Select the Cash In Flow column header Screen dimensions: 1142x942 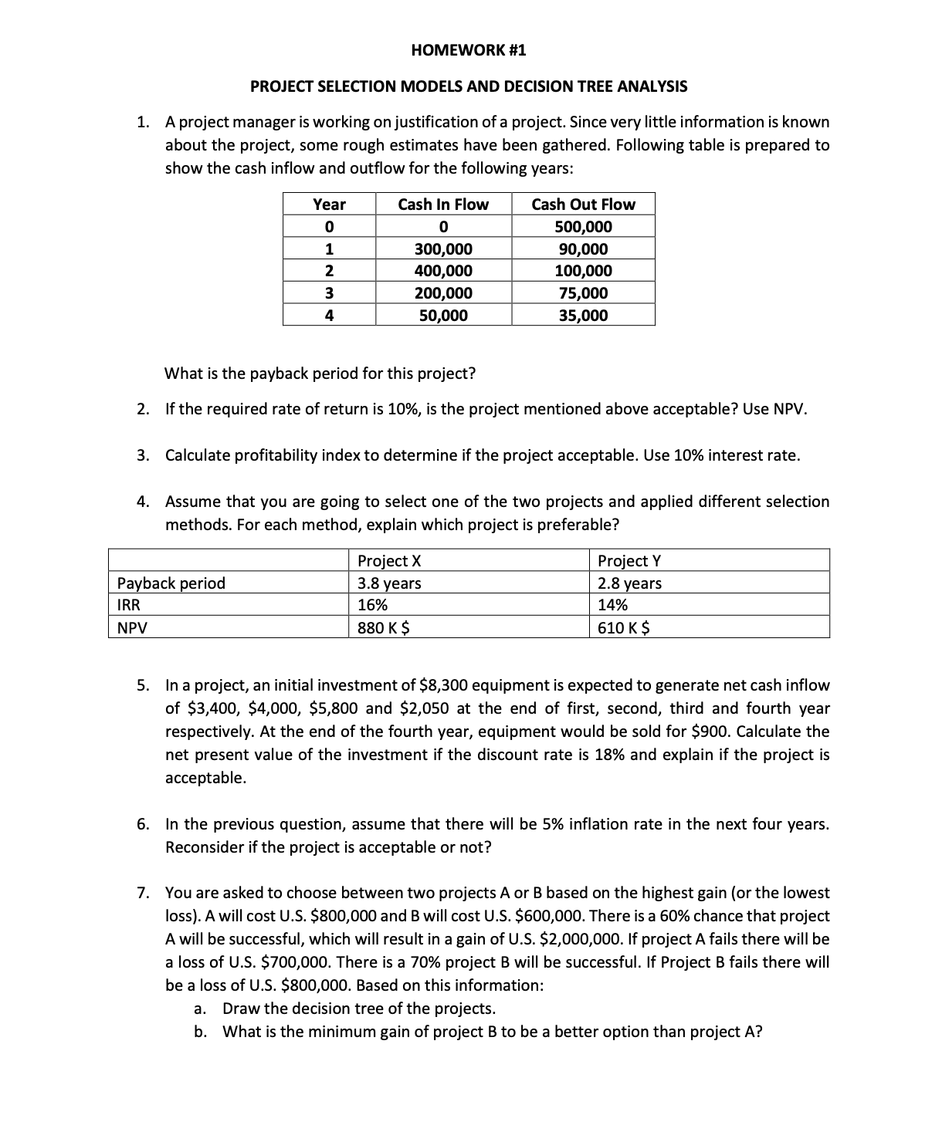pyautogui.click(x=443, y=204)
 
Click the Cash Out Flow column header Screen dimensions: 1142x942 pyautogui.click(x=583, y=204)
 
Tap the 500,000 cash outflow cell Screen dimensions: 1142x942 pyautogui.click(x=583, y=227)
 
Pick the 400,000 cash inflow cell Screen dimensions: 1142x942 pyautogui.click(x=443, y=271)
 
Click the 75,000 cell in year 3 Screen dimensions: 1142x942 pyautogui.click(x=583, y=293)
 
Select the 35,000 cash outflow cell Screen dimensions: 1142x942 pyautogui.click(x=583, y=316)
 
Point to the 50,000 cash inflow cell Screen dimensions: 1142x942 pyautogui.click(x=443, y=316)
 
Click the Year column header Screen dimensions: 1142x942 pyautogui.click(x=329, y=204)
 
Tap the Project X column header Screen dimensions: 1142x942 pyautogui.click(x=389, y=561)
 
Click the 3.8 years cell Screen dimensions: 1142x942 pyautogui.click(x=390, y=583)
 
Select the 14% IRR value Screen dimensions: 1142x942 pyautogui.click(x=613, y=606)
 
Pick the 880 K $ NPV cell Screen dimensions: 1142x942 pyautogui.click(x=384, y=628)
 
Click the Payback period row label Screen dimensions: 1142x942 pyautogui.click(x=171, y=583)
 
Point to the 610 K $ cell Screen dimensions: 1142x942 pyautogui.click(x=624, y=628)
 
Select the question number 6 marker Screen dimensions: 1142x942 pyautogui.click(x=143, y=824)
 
